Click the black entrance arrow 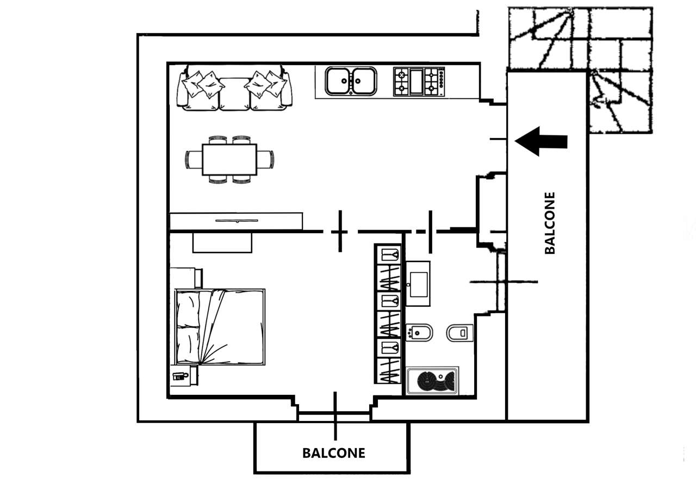(x=541, y=141)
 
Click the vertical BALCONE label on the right (x=550, y=223)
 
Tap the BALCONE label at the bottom (x=334, y=452)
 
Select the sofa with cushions (x=235, y=89)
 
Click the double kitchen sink (x=351, y=81)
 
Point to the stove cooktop (x=419, y=82)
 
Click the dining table (x=229, y=159)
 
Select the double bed (x=220, y=327)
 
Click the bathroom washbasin (x=418, y=283)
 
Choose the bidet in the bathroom (x=419, y=332)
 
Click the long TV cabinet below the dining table (x=236, y=221)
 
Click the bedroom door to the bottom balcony (x=334, y=415)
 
